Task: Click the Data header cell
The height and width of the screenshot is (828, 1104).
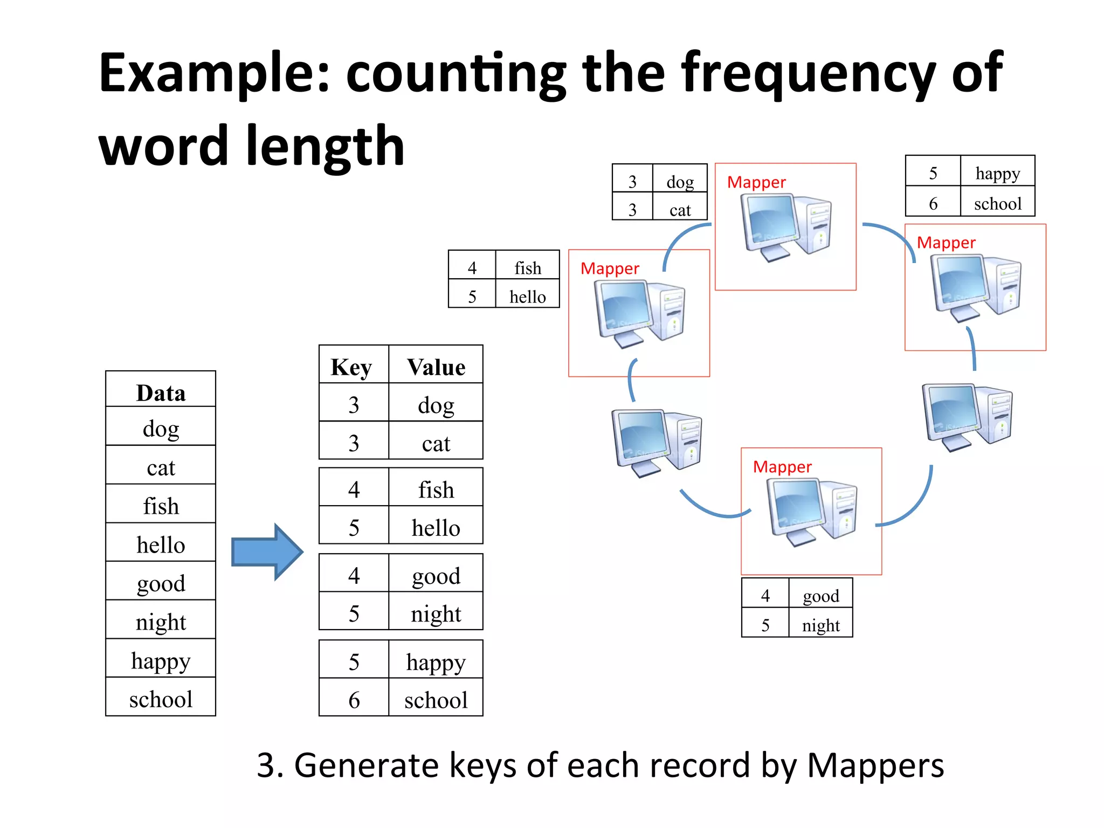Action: (x=161, y=392)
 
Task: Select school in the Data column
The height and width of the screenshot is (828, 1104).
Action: (x=161, y=699)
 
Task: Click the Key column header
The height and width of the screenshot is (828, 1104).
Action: (x=351, y=367)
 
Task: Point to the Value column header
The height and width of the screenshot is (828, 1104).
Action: (x=436, y=367)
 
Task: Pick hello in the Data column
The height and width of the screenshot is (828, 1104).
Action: (x=161, y=544)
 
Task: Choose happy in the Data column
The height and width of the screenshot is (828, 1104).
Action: (x=161, y=660)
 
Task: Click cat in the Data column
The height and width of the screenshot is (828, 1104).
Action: (x=161, y=467)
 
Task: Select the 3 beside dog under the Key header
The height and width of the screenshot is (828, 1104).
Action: (x=354, y=405)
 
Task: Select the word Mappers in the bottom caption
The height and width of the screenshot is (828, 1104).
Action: (x=875, y=765)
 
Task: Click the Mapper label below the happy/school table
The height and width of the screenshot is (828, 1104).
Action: (x=946, y=243)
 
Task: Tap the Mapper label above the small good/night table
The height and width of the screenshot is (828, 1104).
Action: (x=782, y=467)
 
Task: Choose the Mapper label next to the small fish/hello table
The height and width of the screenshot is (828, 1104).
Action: (x=610, y=268)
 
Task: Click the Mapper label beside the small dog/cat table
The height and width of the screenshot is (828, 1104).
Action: (x=756, y=182)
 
